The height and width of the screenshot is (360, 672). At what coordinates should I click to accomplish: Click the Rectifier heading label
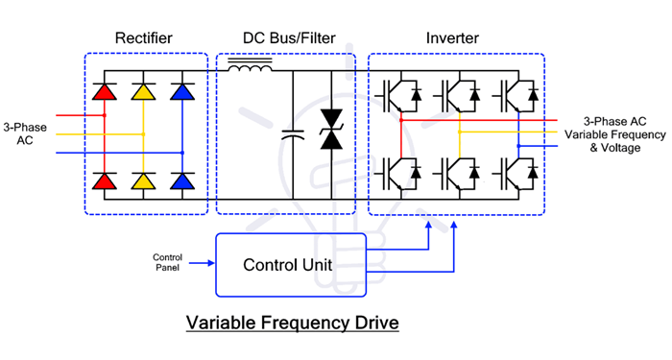tap(144, 38)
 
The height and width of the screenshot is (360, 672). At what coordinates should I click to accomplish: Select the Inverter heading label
tap(452, 38)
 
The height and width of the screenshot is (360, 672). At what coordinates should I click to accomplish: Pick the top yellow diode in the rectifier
tap(142, 92)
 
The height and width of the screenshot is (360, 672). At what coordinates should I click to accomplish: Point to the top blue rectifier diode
tap(180, 92)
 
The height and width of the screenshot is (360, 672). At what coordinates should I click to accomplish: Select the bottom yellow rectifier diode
tap(142, 180)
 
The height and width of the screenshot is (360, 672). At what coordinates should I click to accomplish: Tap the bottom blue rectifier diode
tap(180, 180)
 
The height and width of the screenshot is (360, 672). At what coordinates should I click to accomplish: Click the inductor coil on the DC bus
tap(249, 67)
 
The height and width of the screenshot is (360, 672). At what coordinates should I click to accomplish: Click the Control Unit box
tap(291, 264)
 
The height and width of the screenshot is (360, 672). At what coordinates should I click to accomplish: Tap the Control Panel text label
tap(167, 262)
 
